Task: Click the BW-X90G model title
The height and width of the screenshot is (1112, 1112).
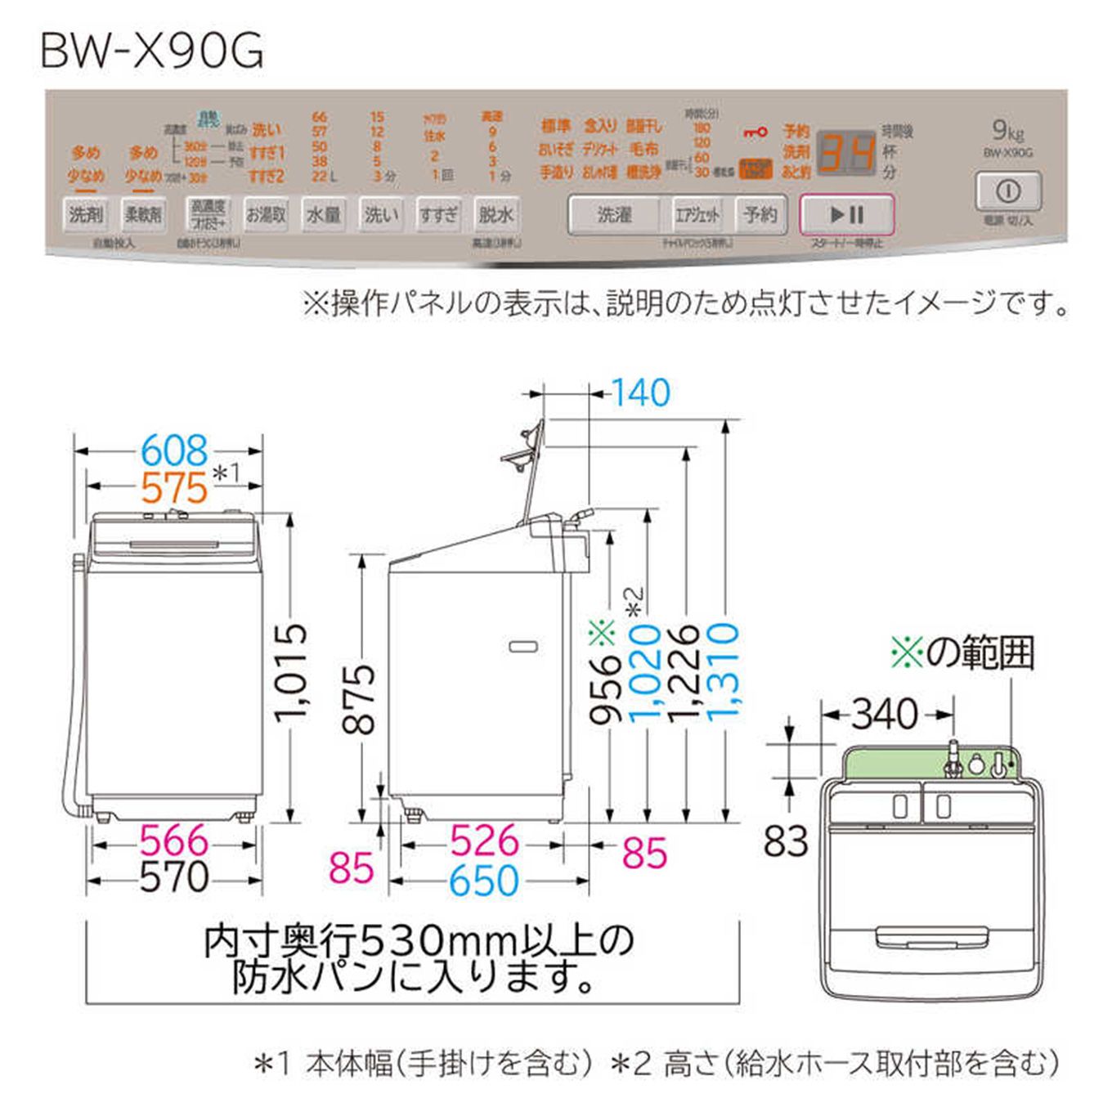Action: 153,51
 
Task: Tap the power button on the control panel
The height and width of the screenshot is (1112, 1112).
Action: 1007,192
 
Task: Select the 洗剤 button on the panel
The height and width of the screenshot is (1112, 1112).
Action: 86,214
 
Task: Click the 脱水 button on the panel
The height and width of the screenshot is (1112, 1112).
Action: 495,214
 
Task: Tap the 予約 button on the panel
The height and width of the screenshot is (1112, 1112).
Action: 760,214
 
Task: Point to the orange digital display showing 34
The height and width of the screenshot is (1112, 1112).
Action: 847,153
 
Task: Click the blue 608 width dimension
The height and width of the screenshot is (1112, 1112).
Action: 174,451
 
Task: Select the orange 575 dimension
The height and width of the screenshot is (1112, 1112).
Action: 174,488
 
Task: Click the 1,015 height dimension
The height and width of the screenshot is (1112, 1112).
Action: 292,672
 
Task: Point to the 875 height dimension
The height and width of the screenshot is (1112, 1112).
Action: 360,699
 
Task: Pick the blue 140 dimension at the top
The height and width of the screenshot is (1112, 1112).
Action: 641,393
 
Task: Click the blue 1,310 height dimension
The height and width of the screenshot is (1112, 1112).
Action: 723,670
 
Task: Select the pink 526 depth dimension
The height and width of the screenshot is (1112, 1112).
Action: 484,841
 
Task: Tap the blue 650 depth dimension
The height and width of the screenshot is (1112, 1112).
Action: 484,881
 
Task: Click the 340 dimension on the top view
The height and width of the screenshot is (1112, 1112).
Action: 885,715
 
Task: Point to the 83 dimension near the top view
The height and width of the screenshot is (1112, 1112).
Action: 786,841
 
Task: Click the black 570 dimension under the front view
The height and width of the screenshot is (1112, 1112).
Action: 174,877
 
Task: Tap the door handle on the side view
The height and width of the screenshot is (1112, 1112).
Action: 523,647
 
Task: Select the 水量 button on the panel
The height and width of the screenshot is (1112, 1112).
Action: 323,214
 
